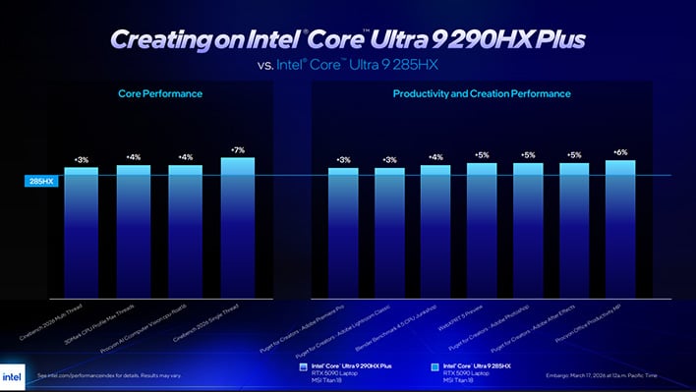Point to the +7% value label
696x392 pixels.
pos(237,150)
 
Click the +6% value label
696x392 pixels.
pos(619,153)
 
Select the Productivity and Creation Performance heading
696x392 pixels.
pos(481,94)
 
